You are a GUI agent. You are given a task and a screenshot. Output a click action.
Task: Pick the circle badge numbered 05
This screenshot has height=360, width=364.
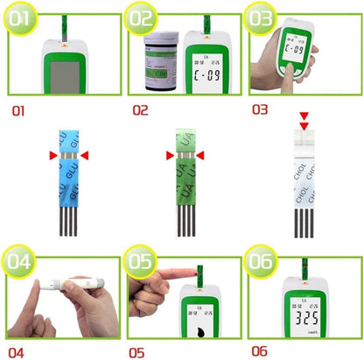pyautogui.click(x=143, y=260)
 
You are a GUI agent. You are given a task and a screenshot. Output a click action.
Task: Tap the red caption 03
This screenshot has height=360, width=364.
pyautogui.click(x=260, y=110)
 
